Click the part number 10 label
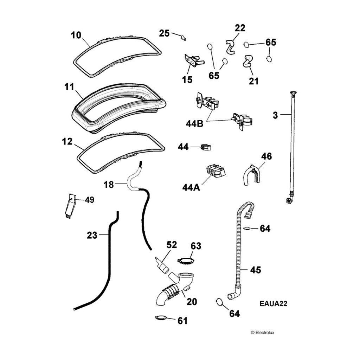76,35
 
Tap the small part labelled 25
184,38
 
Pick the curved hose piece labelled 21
248,61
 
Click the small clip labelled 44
205,147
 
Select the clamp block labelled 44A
215,171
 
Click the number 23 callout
92,235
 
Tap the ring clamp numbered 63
186,261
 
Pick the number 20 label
192,301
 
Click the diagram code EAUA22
274,304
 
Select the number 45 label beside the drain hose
255,270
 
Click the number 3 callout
275,115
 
